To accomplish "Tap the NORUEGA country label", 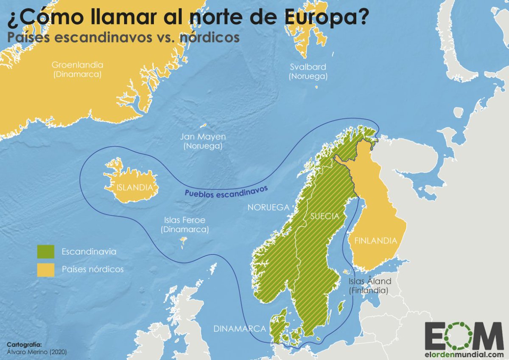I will point(268,208).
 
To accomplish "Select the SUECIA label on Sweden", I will point(324,216).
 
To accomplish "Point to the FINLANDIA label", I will point(376,241).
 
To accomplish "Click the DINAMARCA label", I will point(240,329).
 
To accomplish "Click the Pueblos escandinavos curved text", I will point(227,190).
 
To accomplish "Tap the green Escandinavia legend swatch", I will point(45,252).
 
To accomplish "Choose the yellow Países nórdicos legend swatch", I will point(45,270).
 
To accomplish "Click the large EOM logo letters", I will point(464,335).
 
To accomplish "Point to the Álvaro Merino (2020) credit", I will point(37,352).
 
